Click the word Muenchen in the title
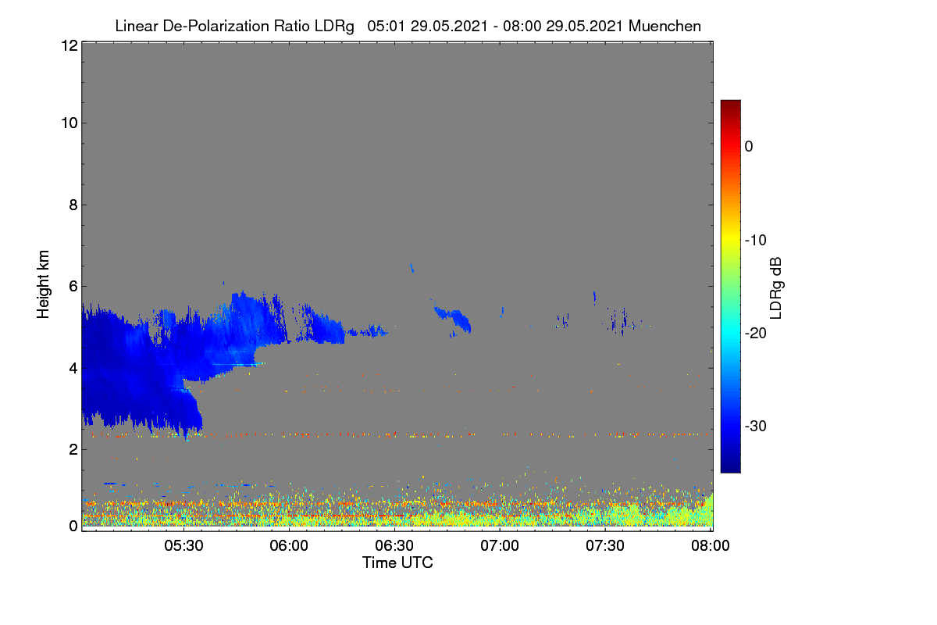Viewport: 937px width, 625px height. click(x=664, y=26)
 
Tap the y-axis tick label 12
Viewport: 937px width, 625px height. click(x=69, y=45)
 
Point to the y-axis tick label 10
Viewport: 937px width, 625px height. click(x=69, y=123)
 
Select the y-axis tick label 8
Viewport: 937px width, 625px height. click(x=73, y=205)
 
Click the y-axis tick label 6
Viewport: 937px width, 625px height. click(x=73, y=287)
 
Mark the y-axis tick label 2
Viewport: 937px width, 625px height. click(x=73, y=449)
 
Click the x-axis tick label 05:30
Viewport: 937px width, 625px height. click(x=183, y=545)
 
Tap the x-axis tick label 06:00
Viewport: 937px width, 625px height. click(x=289, y=545)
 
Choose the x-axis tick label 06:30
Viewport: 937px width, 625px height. click(x=394, y=545)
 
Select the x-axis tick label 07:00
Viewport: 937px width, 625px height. click(x=500, y=545)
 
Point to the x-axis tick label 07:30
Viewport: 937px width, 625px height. click(x=605, y=545)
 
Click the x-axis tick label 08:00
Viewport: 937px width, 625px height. click(x=711, y=545)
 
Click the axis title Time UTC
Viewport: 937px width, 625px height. click(x=397, y=562)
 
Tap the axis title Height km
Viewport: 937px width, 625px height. click(x=43, y=284)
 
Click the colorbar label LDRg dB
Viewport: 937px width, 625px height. click(x=776, y=288)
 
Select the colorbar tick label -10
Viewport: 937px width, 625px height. click(x=756, y=241)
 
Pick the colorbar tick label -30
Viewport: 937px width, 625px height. click(x=756, y=426)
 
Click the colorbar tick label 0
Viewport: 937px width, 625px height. click(x=749, y=147)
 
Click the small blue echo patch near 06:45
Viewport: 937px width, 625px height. click(x=454, y=319)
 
